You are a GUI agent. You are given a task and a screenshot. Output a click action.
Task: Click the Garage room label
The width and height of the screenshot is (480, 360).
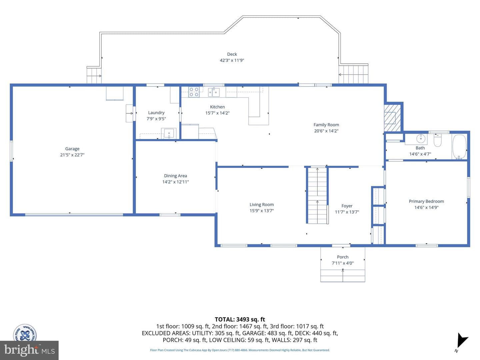72,149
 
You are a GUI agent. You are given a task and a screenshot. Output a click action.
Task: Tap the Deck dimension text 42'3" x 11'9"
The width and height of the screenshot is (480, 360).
232,60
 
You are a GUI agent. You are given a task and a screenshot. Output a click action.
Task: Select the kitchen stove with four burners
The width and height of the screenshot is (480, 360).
194,92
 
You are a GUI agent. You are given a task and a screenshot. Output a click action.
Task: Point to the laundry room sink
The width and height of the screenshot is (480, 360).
169,133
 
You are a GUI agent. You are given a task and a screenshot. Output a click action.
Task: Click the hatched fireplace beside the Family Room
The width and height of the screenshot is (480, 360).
392,118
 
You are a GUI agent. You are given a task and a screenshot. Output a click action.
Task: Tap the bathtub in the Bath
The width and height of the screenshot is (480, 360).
459,147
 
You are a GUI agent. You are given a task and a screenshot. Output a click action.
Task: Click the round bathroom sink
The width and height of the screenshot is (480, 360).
420,139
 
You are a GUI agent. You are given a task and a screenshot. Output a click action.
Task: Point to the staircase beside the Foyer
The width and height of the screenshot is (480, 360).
317,195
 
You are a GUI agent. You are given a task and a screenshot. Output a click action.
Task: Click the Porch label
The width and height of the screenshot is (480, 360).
343,257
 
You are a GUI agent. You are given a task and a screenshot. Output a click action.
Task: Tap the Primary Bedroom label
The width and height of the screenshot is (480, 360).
426,201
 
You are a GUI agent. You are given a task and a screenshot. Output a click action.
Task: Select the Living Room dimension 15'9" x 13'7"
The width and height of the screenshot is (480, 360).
262,211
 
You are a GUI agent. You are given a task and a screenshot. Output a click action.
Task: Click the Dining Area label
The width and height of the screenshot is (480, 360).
175,176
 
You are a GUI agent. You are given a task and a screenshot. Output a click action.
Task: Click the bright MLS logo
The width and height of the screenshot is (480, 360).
29,350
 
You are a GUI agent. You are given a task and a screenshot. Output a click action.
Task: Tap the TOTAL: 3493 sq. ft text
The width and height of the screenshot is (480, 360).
240,320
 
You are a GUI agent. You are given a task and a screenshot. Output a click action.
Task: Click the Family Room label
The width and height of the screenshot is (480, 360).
326,125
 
